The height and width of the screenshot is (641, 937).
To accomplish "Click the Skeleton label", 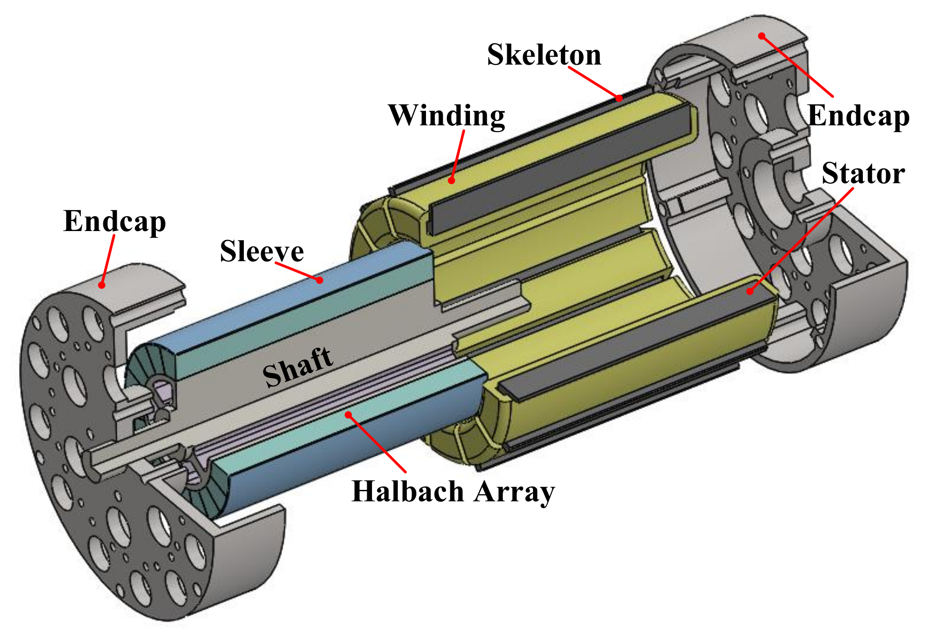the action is coord(544,55).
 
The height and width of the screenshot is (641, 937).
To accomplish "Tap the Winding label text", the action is coord(447,116).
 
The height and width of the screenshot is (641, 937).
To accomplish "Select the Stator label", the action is coord(863,173).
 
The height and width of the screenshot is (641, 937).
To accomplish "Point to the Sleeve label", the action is coord(262,251).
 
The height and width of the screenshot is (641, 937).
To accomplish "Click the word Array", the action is coord(514,492).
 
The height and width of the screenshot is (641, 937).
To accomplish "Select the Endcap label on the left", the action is coord(115,222).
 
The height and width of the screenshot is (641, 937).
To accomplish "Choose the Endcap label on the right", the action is coord(859,116).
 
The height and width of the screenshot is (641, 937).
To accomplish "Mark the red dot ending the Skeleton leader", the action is coord(619,98).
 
